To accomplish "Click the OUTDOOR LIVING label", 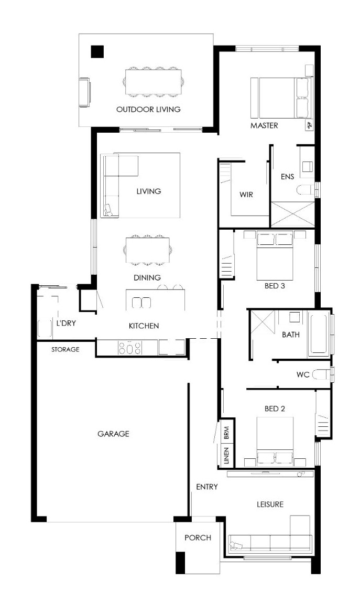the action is point(148,110).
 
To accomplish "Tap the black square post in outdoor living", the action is point(97,51).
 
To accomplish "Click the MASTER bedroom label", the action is point(264,125).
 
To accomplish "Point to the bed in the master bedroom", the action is point(280,98).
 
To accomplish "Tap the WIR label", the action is point(246,195).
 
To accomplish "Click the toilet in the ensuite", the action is point(306,190).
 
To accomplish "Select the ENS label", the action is point(287,177).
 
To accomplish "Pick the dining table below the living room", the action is point(148,250).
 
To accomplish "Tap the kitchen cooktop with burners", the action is point(130,348).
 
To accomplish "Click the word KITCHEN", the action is point(144,326).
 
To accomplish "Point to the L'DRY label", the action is point(66,323).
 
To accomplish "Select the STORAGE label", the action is point(66,349).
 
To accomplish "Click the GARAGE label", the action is point(113,434).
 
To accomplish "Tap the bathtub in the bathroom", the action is point(319,334).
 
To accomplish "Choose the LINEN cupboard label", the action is point(226,456).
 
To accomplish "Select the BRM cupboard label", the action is point(226,433).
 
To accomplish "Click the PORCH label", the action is point(198,538).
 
